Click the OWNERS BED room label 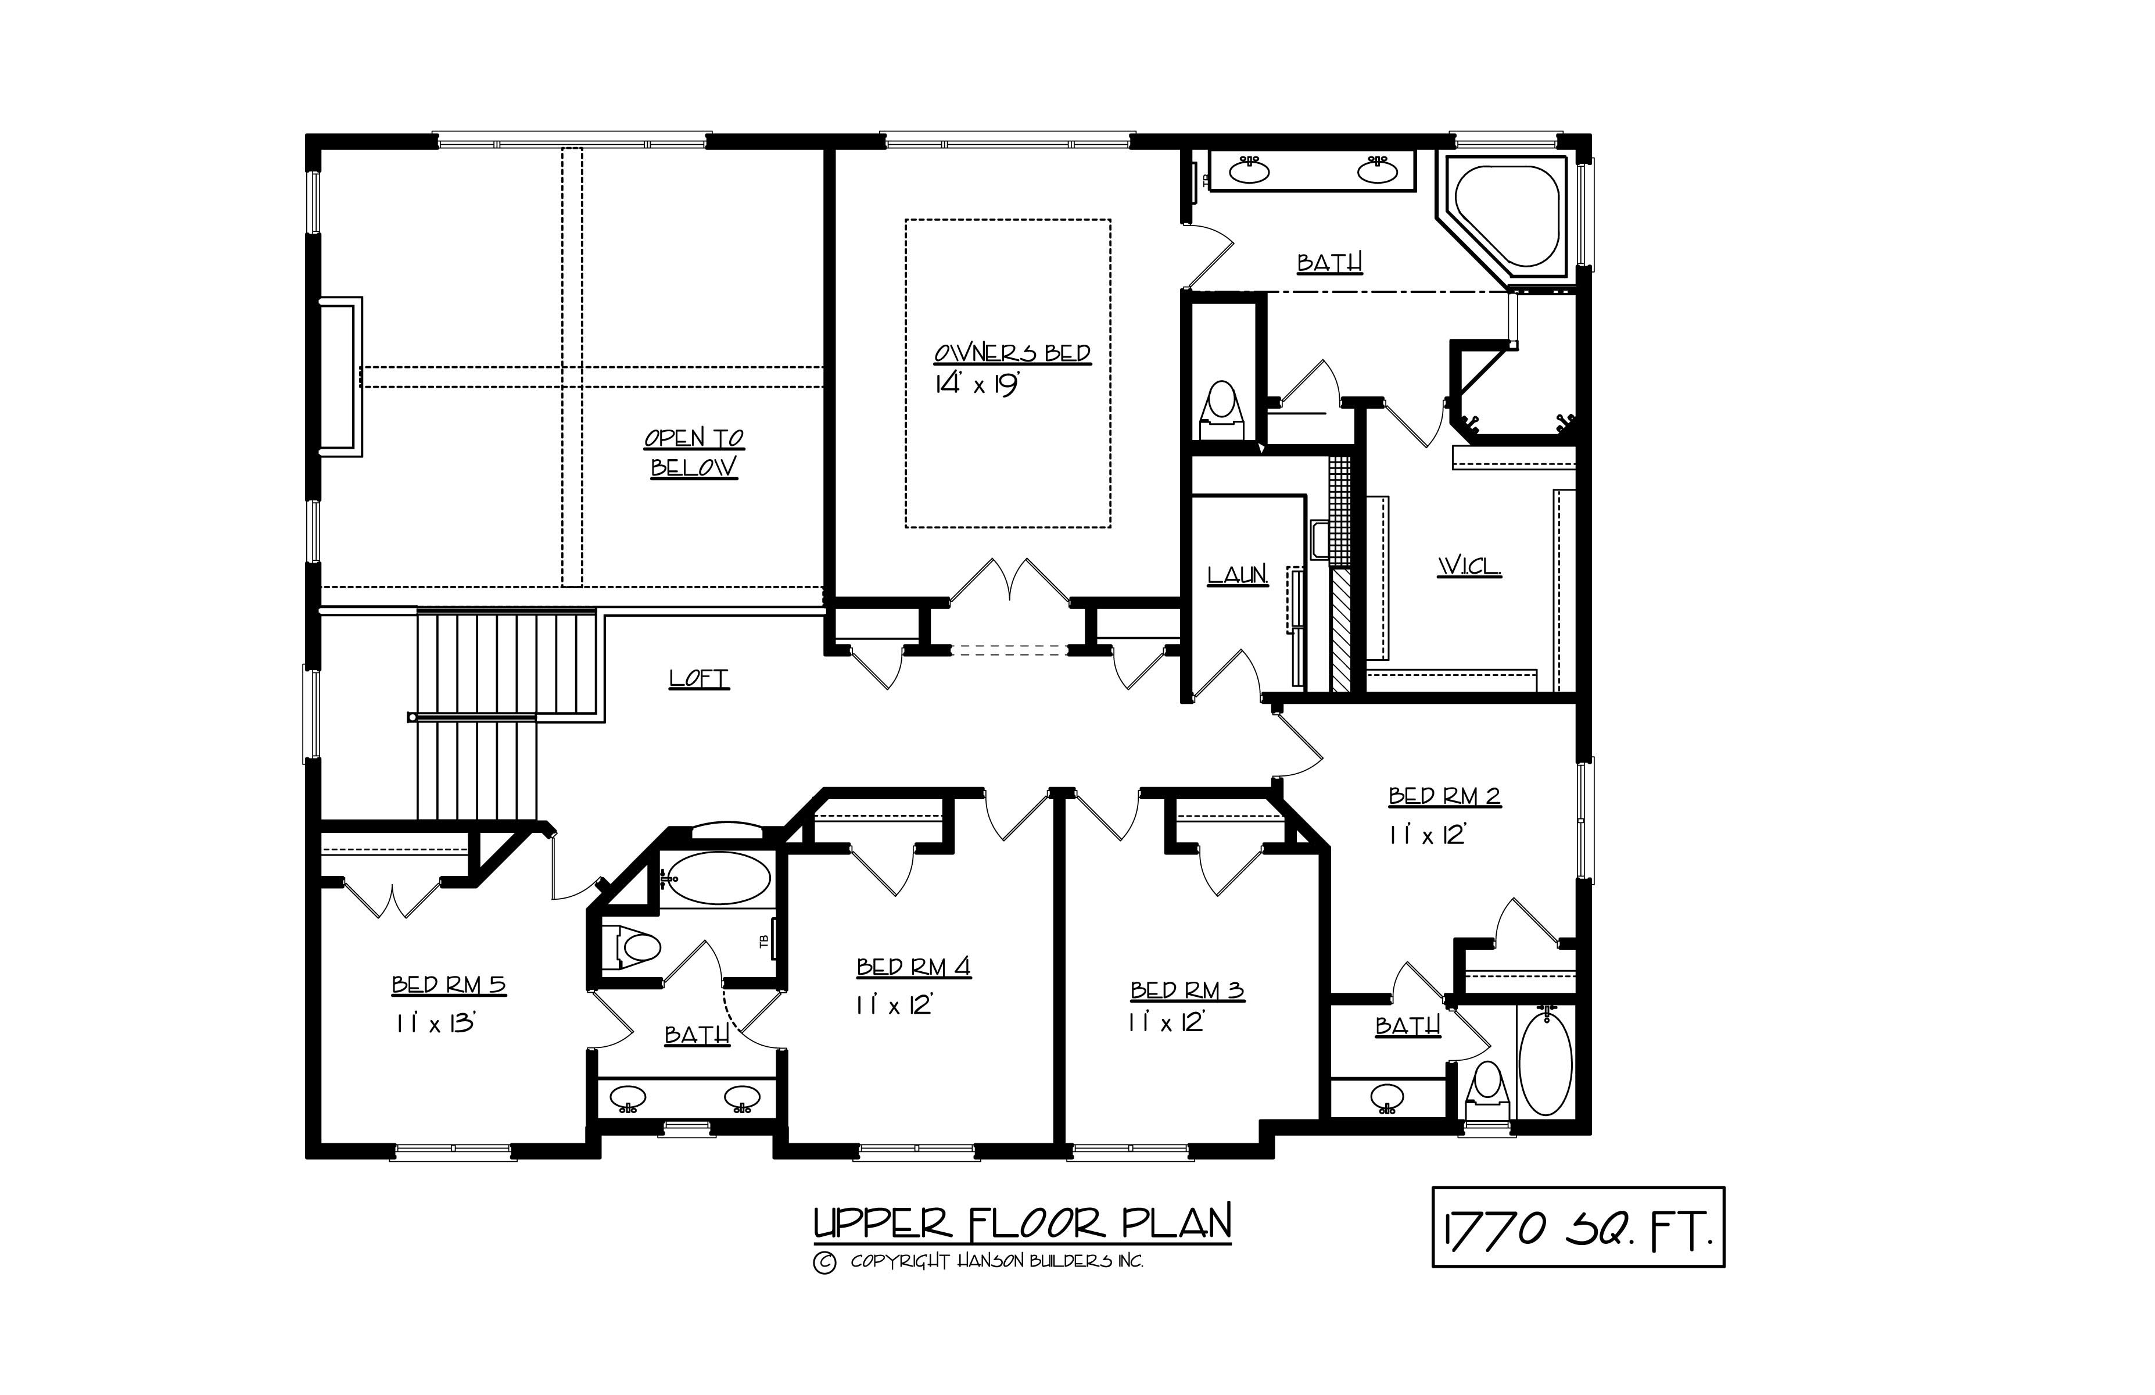(1012, 353)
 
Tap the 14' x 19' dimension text (977, 384)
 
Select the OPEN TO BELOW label (694, 453)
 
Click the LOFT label (699, 678)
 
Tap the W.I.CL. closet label (1469, 567)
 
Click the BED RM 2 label (1444, 796)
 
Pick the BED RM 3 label (1187, 991)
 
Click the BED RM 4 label (913, 967)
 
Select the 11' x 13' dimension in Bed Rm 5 (436, 1024)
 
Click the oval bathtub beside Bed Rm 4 (720, 877)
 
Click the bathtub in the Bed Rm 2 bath (1546, 1064)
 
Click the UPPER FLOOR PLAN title (1022, 1223)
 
